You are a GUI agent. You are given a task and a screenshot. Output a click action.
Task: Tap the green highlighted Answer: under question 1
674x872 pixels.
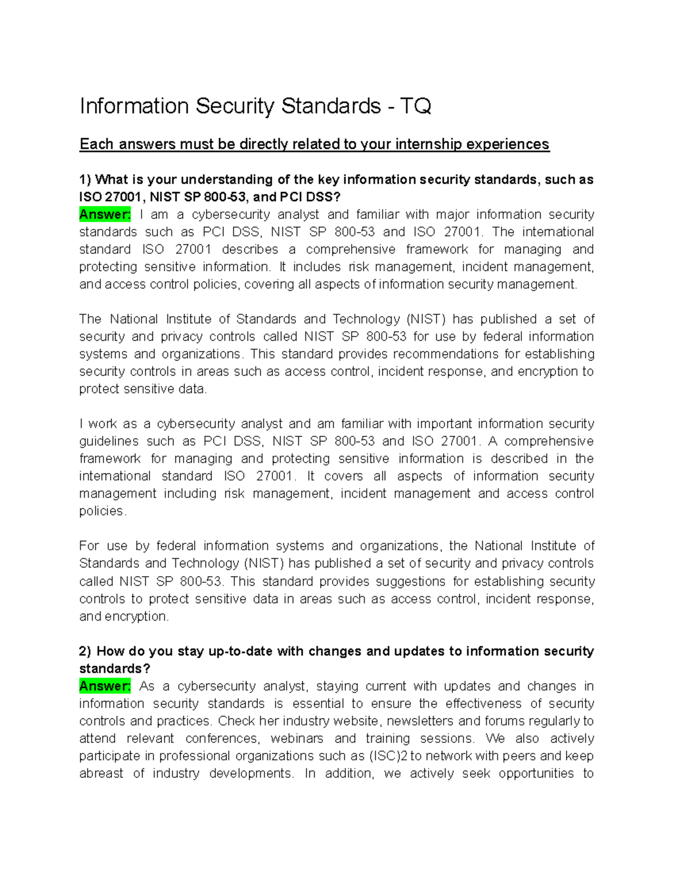[x=105, y=214]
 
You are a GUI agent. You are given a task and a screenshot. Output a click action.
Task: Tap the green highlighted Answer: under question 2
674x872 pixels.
[x=105, y=686]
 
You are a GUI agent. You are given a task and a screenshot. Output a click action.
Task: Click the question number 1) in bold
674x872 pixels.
[x=85, y=180]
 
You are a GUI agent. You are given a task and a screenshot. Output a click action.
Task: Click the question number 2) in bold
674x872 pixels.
[x=85, y=651]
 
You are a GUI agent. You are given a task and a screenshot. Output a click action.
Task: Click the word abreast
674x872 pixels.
[x=101, y=773]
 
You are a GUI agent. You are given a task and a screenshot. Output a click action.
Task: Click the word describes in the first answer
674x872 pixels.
[x=250, y=249]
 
